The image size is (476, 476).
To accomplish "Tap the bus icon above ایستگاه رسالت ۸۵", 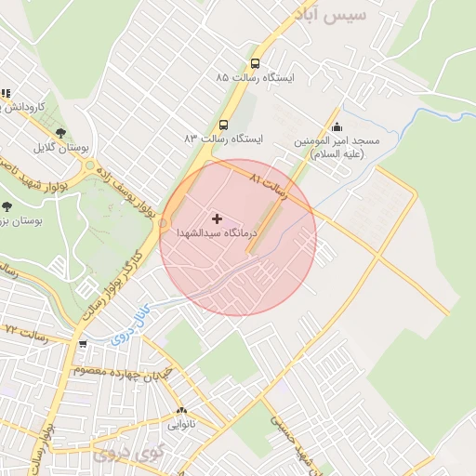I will (x=255, y=64).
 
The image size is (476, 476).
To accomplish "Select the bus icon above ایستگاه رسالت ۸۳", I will (x=223, y=125).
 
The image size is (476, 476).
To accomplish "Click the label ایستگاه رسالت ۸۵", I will (x=255, y=79).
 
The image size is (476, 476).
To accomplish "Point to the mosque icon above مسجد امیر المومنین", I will (x=337, y=127).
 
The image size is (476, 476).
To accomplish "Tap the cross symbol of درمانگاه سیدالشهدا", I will (x=218, y=219).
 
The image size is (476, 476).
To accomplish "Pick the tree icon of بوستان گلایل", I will (x=60, y=133).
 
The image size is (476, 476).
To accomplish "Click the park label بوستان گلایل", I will (x=59, y=148).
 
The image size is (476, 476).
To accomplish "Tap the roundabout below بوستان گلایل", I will (x=91, y=170).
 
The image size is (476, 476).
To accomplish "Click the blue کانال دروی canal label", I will (x=122, y=328).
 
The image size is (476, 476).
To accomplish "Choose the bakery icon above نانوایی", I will (x=181, y=410).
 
